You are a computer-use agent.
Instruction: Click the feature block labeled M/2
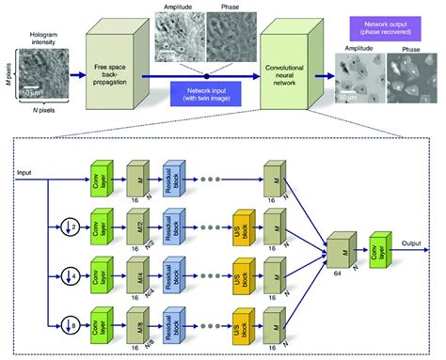tap(135, 224)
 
